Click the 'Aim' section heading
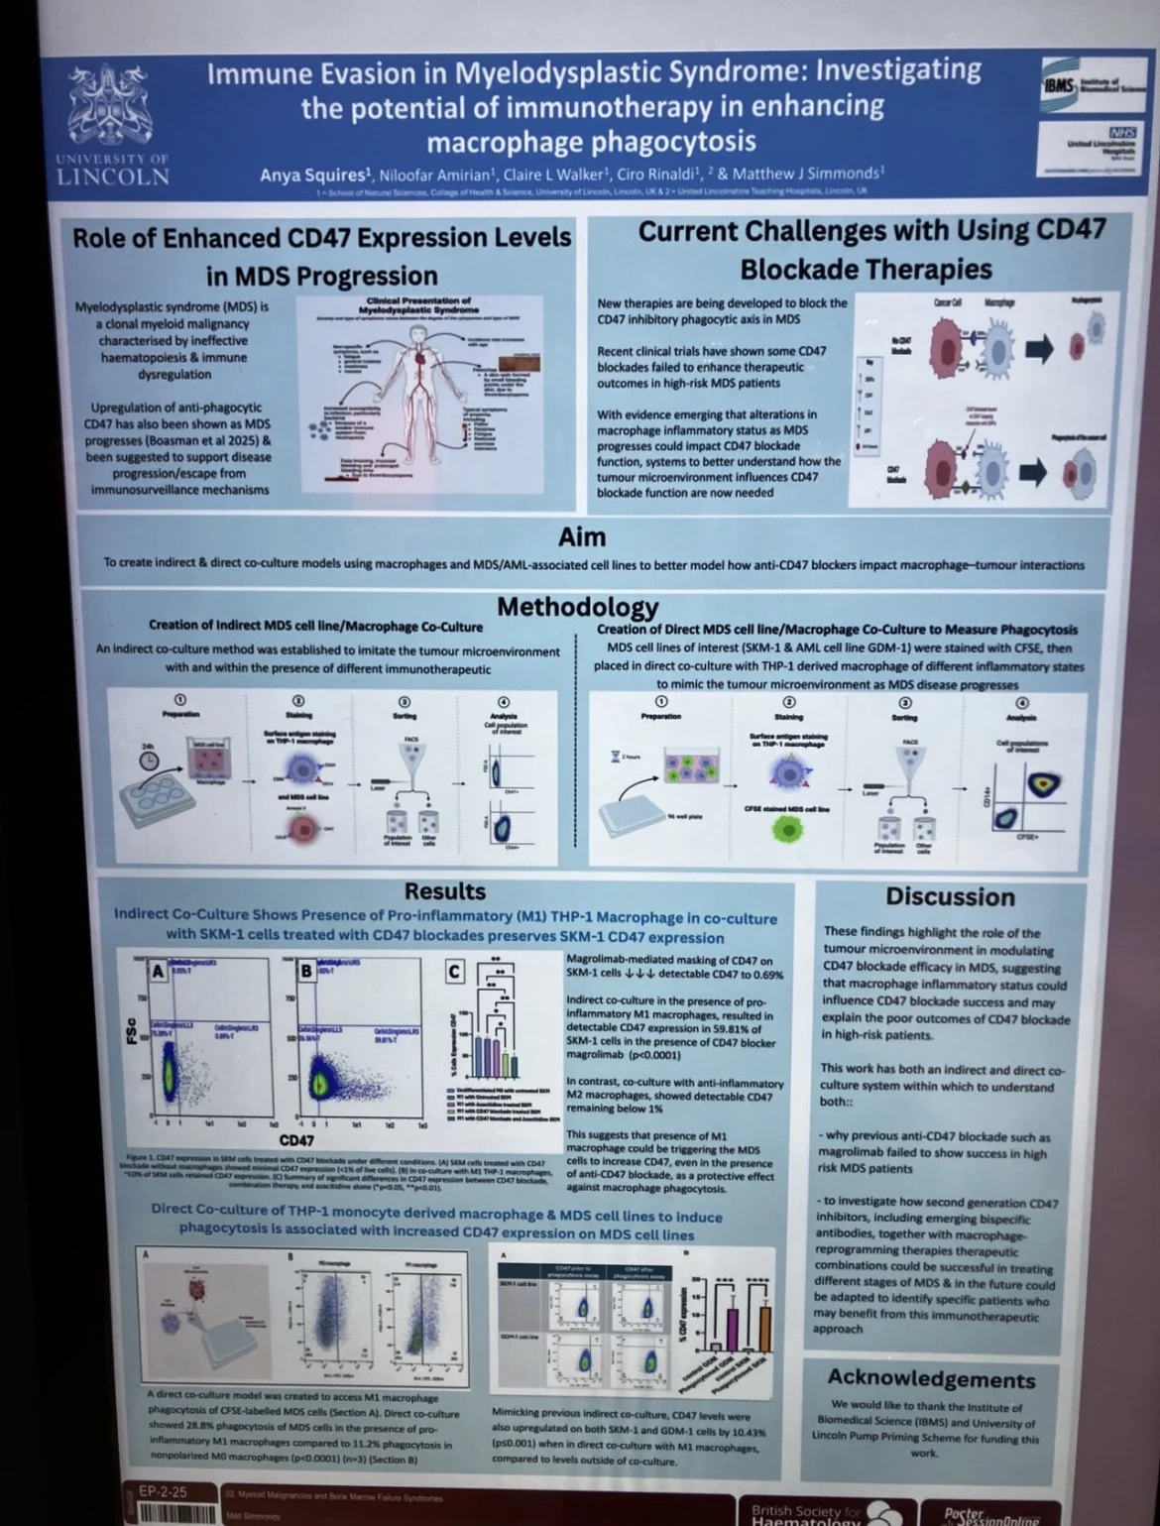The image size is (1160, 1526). click(581, 536)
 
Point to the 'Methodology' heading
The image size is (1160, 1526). click(577, 606)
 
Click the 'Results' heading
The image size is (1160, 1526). click(445, 890)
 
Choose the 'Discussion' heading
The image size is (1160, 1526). click(950, 896)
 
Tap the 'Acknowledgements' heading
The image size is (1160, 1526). click(931, 1378)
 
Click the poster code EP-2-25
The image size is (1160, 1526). click(163, 1491)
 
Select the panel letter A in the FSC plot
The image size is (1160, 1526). click(158, 970)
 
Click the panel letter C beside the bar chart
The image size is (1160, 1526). click(454, 970)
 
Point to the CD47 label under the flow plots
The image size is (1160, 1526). click(296, 1140)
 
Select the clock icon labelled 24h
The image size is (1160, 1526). click(149, 760)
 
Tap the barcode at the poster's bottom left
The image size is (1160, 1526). click(176, 1514)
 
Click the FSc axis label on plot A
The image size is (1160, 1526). click(130, 1030)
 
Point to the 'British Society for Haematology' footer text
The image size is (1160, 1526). click(805, 1514)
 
